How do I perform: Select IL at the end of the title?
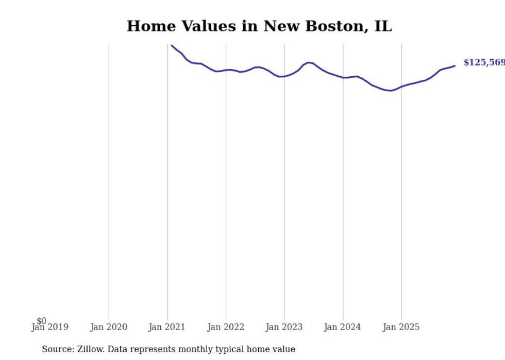[x=383, y=26]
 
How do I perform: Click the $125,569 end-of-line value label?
[x=484, y=63]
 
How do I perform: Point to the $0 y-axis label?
[x=41, y=321]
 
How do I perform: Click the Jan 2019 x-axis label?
[x=49, y=327]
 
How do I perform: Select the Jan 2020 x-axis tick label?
[x=108, y=327]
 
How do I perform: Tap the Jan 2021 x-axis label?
[x=167, y=327]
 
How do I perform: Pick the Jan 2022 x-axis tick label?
[x=226, y=327]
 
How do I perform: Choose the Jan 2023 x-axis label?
[x=284, y=327]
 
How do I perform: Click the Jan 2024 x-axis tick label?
[x=343, y=327]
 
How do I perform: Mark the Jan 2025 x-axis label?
[x=401, y=327]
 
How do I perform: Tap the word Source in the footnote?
[x=57, y=349]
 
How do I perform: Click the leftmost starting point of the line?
[x=172, y=45]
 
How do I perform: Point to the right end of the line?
[x=455, y=65]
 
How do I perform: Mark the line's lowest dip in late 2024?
[x=391, y=91]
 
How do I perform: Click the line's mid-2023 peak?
[x=308, y=62]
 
